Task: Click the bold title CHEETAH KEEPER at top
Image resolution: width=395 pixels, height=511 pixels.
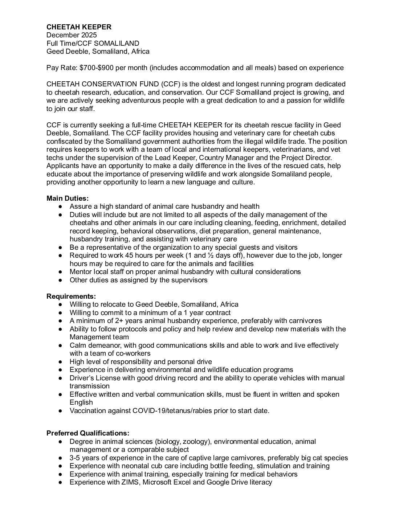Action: coord(79,27)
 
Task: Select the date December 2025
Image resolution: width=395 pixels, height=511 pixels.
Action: coord(72,35)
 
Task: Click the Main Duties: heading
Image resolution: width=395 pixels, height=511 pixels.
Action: coord(68,199)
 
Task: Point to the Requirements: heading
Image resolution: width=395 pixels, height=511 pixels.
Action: coord(71,296)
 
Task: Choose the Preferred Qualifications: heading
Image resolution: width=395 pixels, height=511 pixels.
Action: coord(88,433)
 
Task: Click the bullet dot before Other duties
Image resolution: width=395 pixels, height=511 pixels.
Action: coord(60,280)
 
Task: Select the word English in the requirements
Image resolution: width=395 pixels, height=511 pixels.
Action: coord(81,402)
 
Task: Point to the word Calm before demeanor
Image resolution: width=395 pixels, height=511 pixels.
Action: coord(78,346)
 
